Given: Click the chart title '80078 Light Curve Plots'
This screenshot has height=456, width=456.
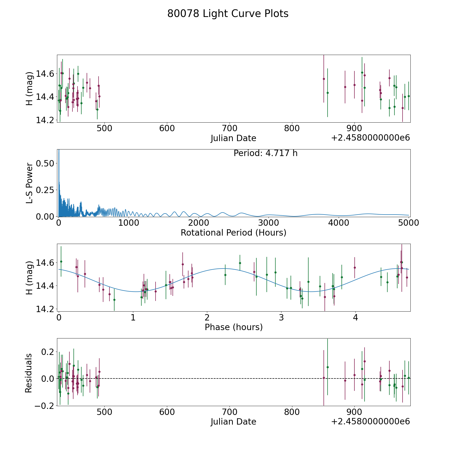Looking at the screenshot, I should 228,14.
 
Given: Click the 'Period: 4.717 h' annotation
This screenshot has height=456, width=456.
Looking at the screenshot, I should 265,153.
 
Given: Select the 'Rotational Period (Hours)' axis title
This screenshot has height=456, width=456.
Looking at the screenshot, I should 233,233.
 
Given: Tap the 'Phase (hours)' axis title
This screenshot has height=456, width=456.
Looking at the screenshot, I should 234,327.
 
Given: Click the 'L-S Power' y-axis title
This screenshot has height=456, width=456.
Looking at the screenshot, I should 29,183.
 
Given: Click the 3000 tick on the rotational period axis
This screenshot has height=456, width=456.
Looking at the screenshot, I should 268,223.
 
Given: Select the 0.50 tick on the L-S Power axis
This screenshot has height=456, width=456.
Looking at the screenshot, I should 45,163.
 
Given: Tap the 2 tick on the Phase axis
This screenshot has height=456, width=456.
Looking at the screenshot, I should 207,318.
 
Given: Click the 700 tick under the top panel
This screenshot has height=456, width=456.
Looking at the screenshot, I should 229,129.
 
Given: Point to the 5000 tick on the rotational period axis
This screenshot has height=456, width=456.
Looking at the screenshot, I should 408,223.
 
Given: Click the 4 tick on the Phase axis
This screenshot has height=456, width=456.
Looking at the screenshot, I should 355,318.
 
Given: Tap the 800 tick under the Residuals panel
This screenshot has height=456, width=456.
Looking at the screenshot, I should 292,412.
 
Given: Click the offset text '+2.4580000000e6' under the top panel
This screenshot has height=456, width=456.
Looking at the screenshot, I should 370,138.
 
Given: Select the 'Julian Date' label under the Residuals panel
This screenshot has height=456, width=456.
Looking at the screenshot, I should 233,422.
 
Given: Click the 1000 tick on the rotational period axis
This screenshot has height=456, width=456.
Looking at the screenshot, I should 128,223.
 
